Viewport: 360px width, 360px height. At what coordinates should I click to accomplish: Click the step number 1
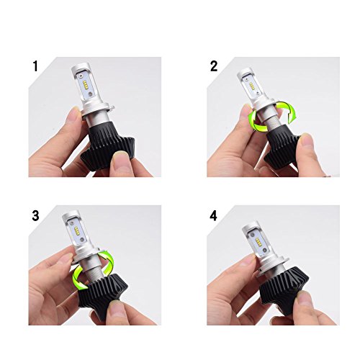(35, 66)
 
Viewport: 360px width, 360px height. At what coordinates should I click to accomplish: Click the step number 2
(214, 66)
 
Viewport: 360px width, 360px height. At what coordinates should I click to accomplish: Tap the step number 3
(35, 215)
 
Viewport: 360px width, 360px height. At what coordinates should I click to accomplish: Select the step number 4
(213, 215)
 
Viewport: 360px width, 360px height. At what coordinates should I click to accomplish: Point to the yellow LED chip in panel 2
(252, 86)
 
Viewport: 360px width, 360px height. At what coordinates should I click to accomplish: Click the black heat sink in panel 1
(107, 146)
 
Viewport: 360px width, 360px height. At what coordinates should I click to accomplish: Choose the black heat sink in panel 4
(284, 290)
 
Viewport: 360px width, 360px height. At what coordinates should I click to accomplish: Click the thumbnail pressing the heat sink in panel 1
(120, 159)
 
